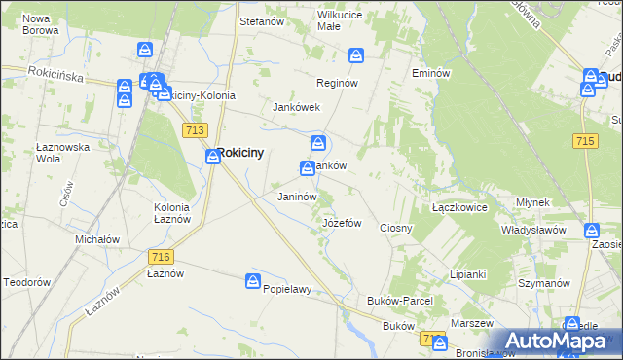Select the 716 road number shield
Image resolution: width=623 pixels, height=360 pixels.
point(162,256)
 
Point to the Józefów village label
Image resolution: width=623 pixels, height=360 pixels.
point(342,223)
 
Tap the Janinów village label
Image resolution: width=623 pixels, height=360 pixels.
point(297,197)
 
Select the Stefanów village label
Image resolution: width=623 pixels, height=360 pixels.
point(261,19)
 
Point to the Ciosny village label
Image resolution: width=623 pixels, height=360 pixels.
point(396,228)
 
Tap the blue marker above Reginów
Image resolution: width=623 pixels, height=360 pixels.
point(356,56)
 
